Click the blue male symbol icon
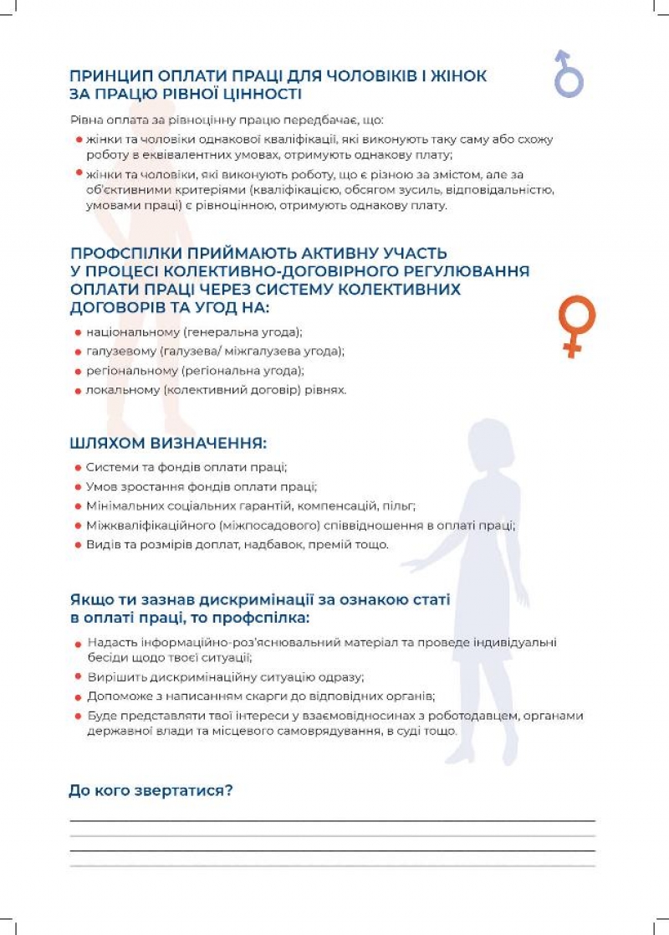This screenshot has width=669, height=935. [x=569, y=74]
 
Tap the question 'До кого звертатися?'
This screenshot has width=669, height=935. [x=151, y=789]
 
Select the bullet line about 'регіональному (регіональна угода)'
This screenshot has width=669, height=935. [x=195, y=371]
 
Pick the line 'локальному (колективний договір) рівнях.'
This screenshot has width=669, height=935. [x=216, y=390]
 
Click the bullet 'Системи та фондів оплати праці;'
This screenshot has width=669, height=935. [x=186, y=466]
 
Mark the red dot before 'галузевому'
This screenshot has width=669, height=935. [x=78, y=352]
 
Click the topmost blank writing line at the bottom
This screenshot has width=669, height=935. [x=332, y=821]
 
